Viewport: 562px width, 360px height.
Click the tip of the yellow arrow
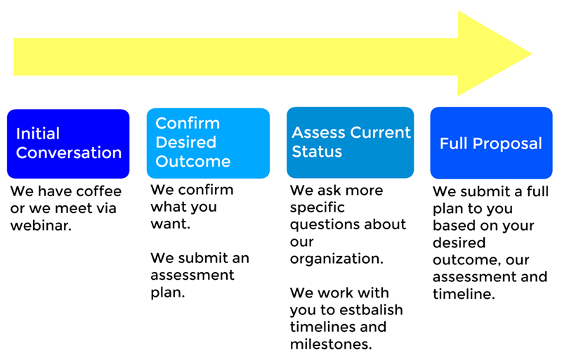point(531,53)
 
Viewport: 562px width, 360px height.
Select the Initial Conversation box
point(68,143)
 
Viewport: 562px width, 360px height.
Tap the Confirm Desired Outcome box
point(208,143)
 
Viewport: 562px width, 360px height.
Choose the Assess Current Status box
point(350,142)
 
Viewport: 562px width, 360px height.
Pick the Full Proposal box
point(491,143)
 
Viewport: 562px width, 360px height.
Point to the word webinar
point(41,225)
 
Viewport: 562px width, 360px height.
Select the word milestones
point(331,345)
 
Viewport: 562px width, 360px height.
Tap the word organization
point(336,259)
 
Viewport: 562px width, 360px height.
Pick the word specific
point(318,208)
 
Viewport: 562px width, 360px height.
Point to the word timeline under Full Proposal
point(464,294)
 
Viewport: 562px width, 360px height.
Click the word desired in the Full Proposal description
point(459,243)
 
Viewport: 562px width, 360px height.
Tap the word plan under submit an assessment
point(168,293)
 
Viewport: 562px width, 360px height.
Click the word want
point(170,224)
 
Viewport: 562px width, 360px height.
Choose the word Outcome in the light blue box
point(192,161)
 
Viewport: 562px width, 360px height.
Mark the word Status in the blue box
point(317,151)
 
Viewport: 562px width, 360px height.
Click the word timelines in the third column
point(322,327)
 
